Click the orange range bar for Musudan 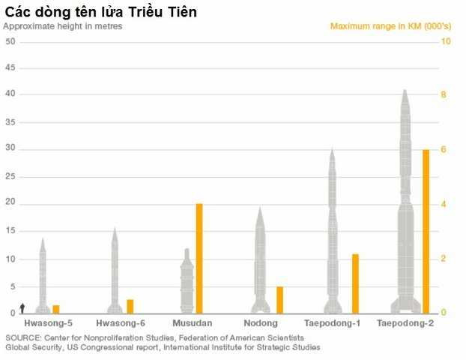[x=199, y=258]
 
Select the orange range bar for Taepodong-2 [x=426, y=231]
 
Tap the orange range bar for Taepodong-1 [x=356, y=283]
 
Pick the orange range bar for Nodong [x=279, y=299]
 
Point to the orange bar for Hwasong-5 [x=56, y=309]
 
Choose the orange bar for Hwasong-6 [x=130, y=306]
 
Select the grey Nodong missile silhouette [x=261, y=262]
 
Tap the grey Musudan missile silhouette [x=187, y=281]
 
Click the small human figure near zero [x=22, y=308]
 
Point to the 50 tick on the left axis [x=10, y=40]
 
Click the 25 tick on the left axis [x=10, y=177]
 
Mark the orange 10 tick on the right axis [x=446, y=40]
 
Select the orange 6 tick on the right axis [x=444, y=150]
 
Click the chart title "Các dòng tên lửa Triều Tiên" [x=101, y=12]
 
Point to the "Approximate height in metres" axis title [x=63, y=25]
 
